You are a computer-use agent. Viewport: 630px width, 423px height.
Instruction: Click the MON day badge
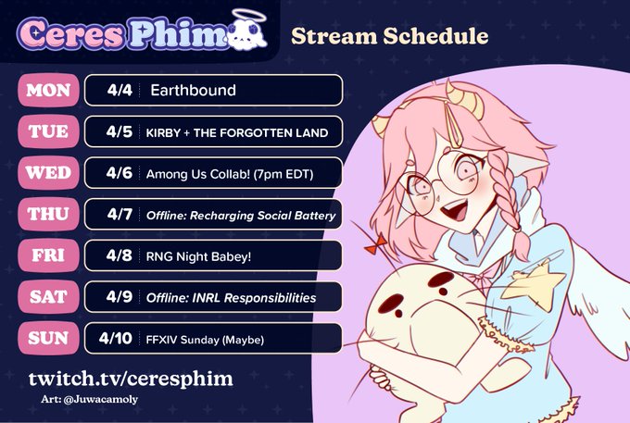48,91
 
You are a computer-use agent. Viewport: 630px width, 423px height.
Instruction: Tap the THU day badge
48,214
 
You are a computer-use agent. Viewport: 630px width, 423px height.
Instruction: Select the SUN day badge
48,338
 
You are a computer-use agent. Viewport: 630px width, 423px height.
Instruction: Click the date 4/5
120,131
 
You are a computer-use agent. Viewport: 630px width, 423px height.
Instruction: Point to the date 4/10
115,339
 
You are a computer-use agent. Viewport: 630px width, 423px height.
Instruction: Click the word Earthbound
193,91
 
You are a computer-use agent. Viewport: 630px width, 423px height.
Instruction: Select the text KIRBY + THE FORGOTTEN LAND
237,133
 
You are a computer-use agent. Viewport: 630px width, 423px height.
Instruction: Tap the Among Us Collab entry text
230,174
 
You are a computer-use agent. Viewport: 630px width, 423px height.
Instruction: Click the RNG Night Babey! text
198,256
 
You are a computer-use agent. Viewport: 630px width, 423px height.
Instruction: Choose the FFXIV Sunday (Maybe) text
205,340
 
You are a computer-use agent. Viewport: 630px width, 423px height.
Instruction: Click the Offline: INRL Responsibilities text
231,298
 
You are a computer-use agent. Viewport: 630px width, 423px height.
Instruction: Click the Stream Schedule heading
390,36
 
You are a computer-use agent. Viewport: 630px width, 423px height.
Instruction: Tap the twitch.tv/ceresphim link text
131,379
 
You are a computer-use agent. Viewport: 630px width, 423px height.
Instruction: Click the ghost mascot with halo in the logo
248,31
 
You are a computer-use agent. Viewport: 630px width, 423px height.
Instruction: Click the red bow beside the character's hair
376,244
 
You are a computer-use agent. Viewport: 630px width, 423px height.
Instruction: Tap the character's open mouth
455,210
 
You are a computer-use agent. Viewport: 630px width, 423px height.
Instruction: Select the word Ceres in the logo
71,33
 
